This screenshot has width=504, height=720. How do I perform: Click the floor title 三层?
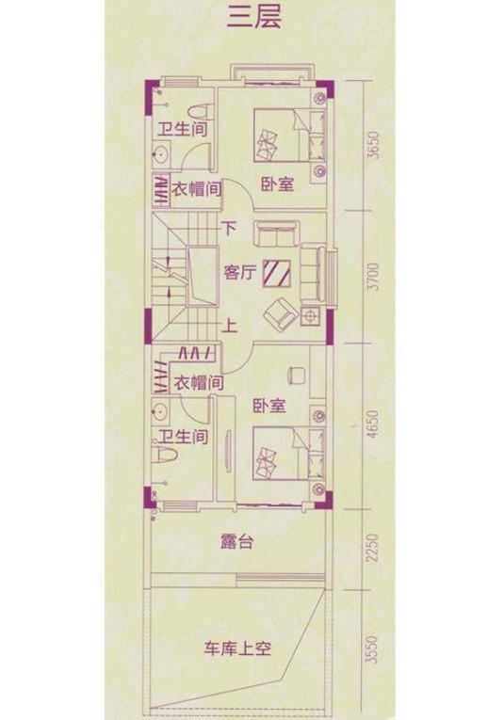254,19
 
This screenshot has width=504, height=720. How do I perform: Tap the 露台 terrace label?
236,542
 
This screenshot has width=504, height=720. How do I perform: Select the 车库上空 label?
237,648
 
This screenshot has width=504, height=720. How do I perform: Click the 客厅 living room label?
239,273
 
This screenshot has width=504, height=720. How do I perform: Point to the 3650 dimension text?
374,145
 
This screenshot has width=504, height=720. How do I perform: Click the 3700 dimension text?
374,277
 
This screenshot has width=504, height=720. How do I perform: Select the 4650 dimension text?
374,424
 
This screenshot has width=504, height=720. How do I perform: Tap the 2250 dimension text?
373,548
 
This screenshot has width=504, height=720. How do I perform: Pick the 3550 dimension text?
373,649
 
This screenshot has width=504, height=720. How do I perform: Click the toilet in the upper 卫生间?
201,111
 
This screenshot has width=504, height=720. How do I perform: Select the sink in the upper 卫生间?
161,154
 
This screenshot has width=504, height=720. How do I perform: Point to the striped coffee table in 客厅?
277,274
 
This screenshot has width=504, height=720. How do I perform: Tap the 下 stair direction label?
229,228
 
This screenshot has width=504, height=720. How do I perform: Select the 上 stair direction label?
229,326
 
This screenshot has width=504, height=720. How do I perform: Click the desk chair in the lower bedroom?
297,375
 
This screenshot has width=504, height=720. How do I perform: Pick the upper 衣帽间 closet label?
197,189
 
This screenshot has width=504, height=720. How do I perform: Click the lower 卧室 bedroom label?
269,406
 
